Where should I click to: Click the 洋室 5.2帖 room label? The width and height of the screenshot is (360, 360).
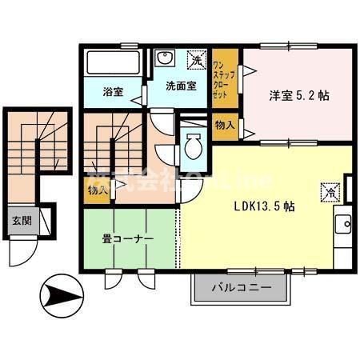click(298, 95)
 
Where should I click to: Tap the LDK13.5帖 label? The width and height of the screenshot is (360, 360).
click(264, 206)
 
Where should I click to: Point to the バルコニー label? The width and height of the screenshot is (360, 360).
click(242, 286)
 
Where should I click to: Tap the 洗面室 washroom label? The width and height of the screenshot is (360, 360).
click(181, 86)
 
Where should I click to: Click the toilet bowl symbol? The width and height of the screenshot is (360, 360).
click(193, 147)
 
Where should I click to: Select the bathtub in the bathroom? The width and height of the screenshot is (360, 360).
click(113, 63)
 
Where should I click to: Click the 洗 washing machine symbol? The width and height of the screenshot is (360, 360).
click(195, 60)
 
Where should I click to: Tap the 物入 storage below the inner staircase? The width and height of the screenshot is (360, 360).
click(96, 190)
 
